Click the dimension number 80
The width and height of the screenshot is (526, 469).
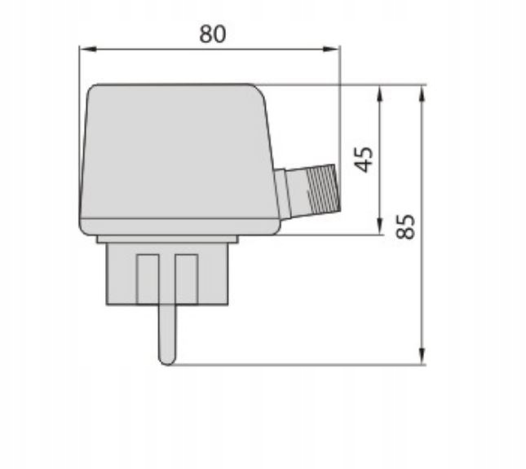(212, 33)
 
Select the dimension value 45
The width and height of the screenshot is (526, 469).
(365, 160)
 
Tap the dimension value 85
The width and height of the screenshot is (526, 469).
(407, 226)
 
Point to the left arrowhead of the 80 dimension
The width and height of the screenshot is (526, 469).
(84, 50)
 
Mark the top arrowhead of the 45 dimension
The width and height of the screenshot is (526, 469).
(380, 90)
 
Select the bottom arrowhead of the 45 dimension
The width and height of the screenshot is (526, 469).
(380, 229)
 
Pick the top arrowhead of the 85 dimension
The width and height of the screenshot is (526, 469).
(422, 90)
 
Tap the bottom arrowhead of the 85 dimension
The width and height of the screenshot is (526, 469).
(422, 358)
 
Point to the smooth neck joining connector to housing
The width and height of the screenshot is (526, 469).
(286, 194)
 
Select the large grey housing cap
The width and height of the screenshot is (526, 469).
(175, 155)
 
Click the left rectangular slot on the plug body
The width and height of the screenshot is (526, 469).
(148, 277)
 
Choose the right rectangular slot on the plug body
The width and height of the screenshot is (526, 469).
(187, 277)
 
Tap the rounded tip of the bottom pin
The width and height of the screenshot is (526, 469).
(166, 358)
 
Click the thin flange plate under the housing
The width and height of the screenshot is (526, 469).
(166, 239)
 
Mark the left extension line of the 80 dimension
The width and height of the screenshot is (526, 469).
(79, 65)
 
